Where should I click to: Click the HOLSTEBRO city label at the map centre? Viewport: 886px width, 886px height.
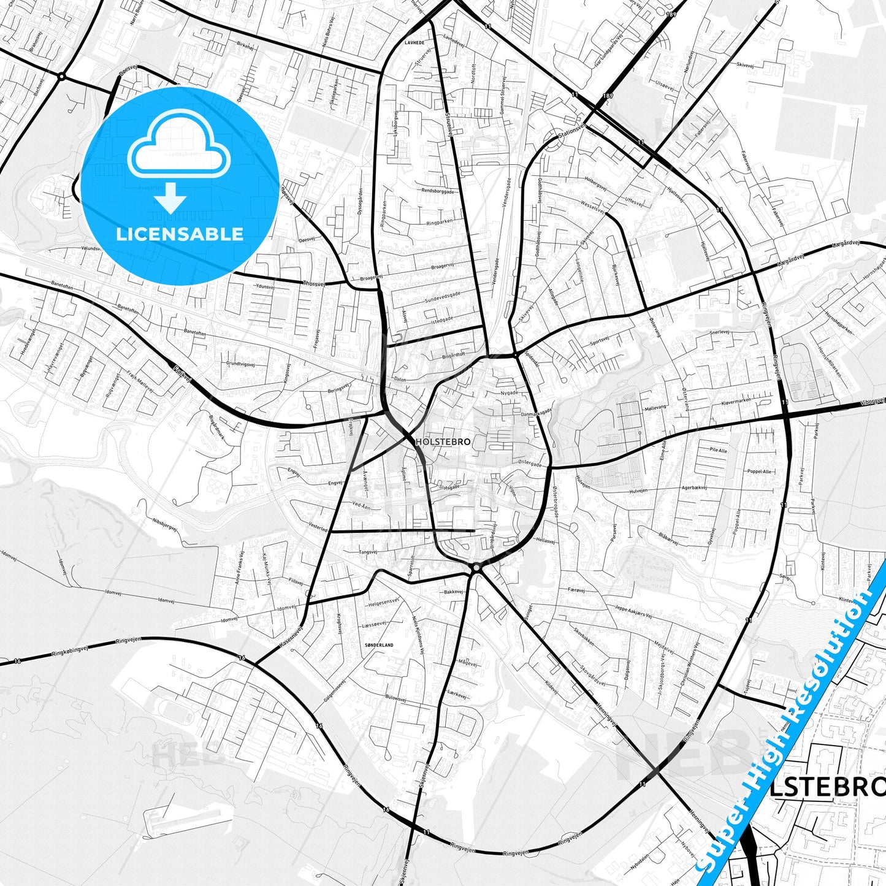pyautogui.click(x=443, y=441)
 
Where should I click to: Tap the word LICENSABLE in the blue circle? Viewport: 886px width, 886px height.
pyautogui.click(x=180, y=234)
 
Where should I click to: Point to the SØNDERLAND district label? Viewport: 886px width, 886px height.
pyautogui.click(x=379, y=645)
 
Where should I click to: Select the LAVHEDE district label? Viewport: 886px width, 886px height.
pyautogui.click(x=414, y=43)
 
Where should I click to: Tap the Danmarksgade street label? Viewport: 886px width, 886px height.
pyautogui.click(x=537, y=414)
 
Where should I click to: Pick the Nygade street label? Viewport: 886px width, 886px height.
pyautogui.click(x=509, y=392)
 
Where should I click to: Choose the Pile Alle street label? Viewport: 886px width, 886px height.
pyautogui.click(x=718, y=450)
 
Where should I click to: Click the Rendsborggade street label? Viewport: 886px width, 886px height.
pyautogui.click(x=438, y=191)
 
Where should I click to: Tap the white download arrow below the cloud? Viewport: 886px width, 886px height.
pyautogui.click(x=170, y=199)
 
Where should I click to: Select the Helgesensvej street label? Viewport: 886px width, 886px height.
pyautogui.click(x=384, y=603)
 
